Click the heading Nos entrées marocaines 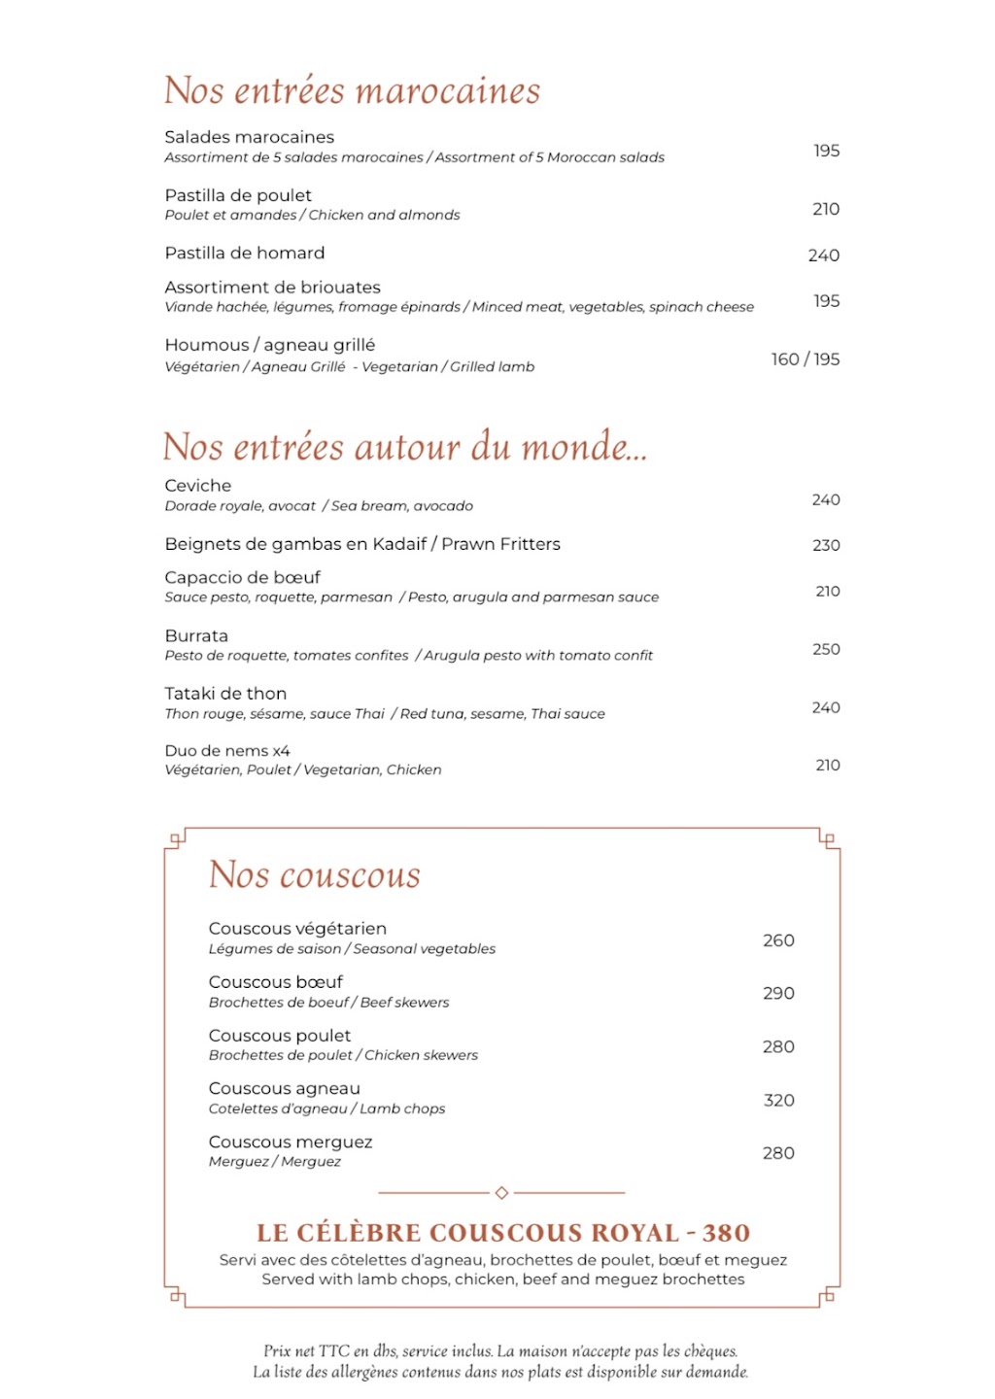tap(352, 90)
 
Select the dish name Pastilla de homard tap(245, 253)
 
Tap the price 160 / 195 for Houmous tap(805, 359)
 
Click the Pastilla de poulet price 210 tap(826, 209)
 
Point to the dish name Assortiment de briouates tap(272, 288)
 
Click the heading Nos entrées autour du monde tap(404, 447)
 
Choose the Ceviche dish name tap(198, 486)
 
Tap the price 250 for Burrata tap(826, 649)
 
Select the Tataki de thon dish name tap(225, 694)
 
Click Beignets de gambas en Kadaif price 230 tap(826, 545)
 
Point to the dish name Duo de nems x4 tap(227, 751)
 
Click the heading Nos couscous tap(315, 875)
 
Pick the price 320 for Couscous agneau tap(778, 1100)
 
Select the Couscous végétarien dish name tap(297, 929)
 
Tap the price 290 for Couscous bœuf tap(778, 993)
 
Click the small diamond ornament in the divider tap(501, 1192)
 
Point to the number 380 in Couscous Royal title tap(726, 1233)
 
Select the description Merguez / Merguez tap(275, 1162)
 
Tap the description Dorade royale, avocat tap(240, 506)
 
